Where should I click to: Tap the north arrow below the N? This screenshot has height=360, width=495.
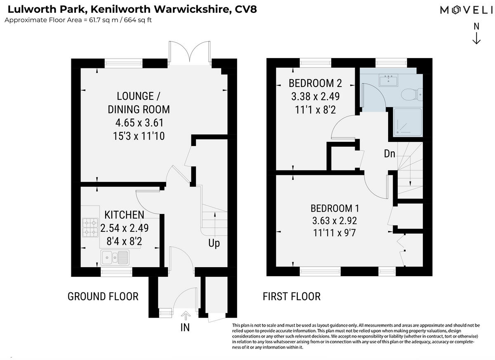[x=476, y=38]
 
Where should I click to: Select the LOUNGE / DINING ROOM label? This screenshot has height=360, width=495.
[x=139, y=103]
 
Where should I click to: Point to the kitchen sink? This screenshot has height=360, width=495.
[x=115, y=257]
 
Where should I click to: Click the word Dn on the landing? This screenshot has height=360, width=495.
[x=390, y=154]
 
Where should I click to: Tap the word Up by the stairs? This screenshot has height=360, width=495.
[x=214, y=243]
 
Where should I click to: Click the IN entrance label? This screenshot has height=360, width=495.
[x=185, y=328]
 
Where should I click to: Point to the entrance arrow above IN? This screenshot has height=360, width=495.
[x=185, y=316]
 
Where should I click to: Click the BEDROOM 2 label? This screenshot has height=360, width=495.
[x=315, y=83]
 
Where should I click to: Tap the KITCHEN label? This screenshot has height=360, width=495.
[x=124, y=214]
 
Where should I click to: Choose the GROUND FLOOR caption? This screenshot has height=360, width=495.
[x=103, y=296]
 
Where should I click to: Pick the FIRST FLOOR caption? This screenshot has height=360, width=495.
[x=292, y=296]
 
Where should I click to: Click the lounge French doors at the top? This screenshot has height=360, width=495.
[x=189, y=52]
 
